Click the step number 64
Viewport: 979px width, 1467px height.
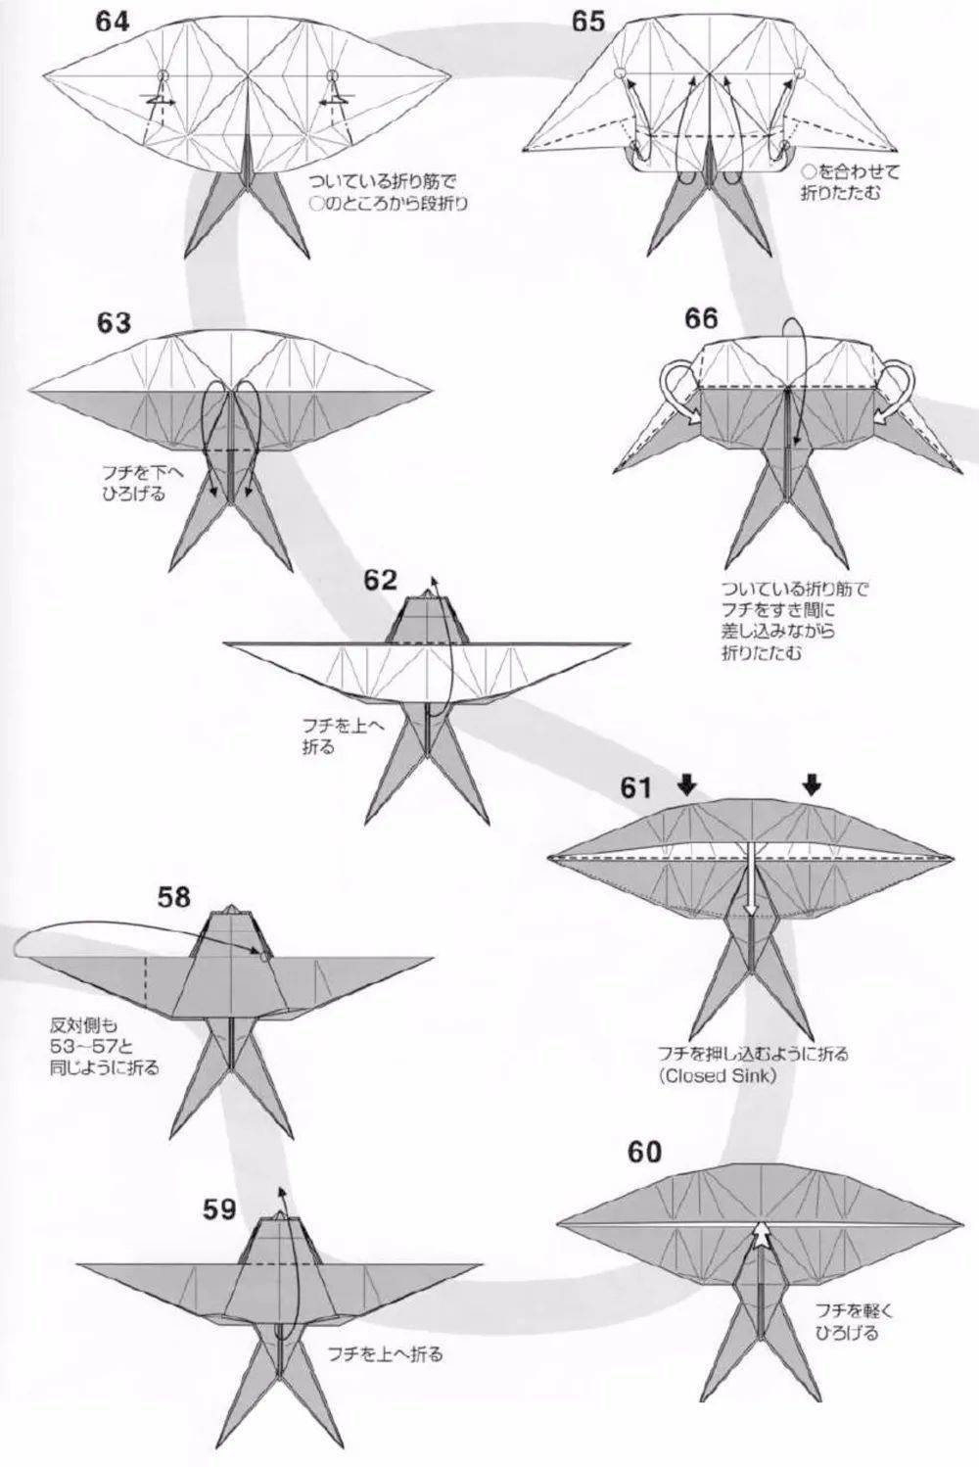[x=112, y=23]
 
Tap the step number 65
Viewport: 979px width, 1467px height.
[x=588, y=22]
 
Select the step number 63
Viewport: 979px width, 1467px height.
[x=114, y=322]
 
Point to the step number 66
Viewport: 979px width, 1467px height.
[x=701, y=318]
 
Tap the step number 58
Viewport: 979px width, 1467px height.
[x=173, y=895]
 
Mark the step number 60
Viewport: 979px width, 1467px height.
[x=644, y=1152]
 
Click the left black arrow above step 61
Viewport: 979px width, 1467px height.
[x=687, y=783]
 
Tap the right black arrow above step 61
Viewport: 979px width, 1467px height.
[x=812, y=783]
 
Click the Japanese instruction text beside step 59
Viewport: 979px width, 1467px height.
[x=386, y=1355]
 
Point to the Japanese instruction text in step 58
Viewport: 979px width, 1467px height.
[x=104, y=1047]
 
